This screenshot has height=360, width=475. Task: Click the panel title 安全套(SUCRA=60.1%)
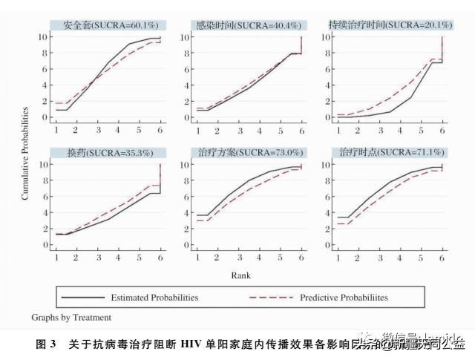(107, 24)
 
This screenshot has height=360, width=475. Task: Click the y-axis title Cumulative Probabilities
(25, 153)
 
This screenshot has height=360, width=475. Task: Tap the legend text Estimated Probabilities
(154, 298)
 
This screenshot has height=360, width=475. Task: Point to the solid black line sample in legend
(83, 298)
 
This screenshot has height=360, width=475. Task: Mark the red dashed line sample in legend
(269, 298)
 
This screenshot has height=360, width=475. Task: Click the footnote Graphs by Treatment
(71, 318)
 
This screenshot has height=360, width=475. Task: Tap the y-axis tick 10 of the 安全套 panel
(44, 36)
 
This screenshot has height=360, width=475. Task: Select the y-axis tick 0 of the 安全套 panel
(46, 117)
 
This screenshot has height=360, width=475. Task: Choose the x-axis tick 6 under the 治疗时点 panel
(442, 258)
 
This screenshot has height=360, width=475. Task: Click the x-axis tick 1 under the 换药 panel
(56, 258)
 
